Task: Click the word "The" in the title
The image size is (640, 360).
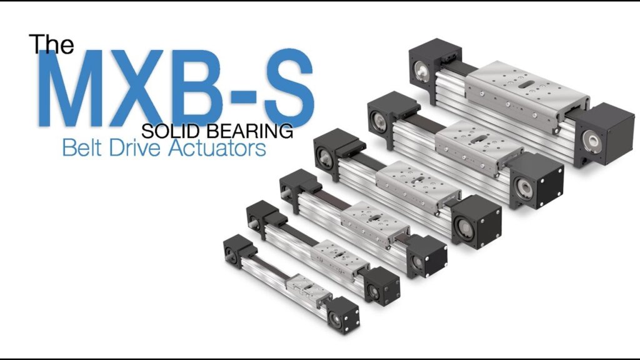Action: tap(51, 44)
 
